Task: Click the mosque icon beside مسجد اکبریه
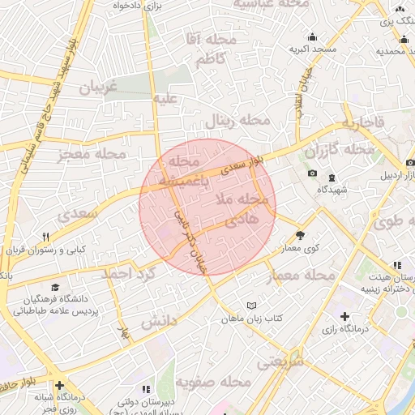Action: click(313, 36)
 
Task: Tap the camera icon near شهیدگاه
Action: click(313, 173)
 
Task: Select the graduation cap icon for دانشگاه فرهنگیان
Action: click(55, 287)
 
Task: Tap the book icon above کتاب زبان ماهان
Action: click(251, 306)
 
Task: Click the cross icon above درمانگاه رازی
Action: click(346, 315)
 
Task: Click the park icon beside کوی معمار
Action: click(301, 235)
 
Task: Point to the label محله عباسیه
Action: click(281, 5)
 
